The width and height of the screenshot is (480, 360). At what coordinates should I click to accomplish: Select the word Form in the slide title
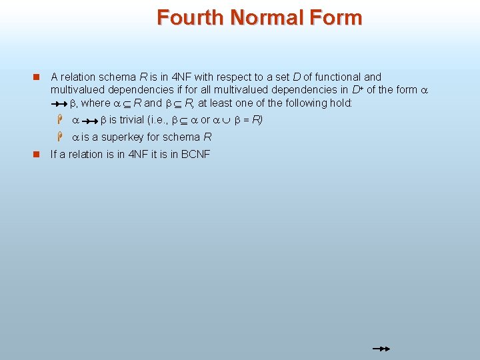coord(338,17)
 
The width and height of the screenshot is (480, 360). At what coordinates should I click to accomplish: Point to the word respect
coord(237,77)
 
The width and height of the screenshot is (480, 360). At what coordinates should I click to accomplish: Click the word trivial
coord(133,120)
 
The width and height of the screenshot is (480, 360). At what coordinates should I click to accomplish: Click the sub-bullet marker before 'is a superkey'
coord(59,137)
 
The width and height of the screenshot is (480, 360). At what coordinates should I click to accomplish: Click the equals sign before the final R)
coord(245,120)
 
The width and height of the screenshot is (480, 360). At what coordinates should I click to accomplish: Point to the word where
coord(95,103)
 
